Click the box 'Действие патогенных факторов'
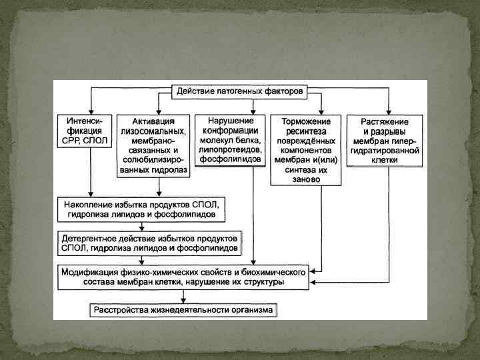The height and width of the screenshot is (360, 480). (239, 90)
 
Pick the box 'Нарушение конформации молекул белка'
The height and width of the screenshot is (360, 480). (230, 140)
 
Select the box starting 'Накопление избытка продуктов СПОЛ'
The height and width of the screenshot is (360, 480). (141, 207)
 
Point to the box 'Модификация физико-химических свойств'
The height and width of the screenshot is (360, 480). (183, 277)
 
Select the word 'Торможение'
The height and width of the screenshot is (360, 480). (306, 122)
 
